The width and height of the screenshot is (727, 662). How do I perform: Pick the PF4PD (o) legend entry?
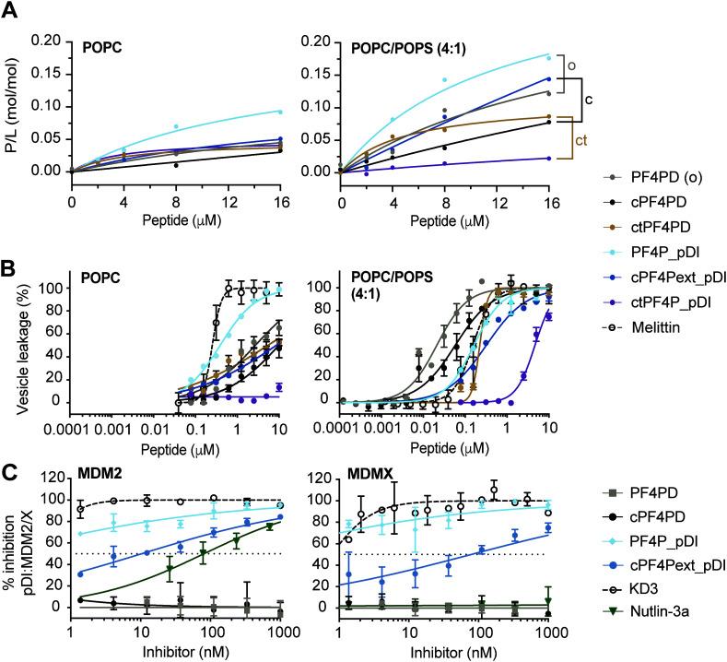[659, 175]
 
